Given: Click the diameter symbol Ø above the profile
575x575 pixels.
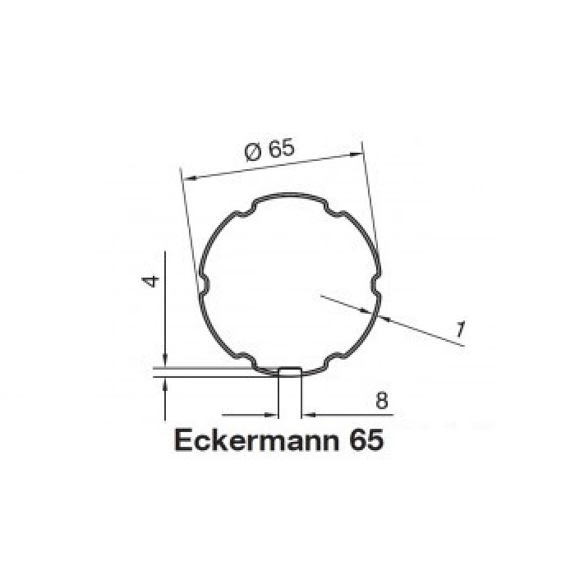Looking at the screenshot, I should click(253, 152).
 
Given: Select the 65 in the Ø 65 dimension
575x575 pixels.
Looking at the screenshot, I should click(280, 149).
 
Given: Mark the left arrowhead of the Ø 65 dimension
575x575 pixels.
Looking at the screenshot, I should click(187, 176).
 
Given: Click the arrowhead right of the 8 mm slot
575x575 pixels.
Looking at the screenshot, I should click(309, 413).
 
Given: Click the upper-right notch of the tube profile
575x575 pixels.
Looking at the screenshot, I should click(333, 214).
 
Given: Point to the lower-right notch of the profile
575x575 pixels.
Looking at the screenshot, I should click(333, 359).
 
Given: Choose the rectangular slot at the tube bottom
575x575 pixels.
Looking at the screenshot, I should click(290, 373).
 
